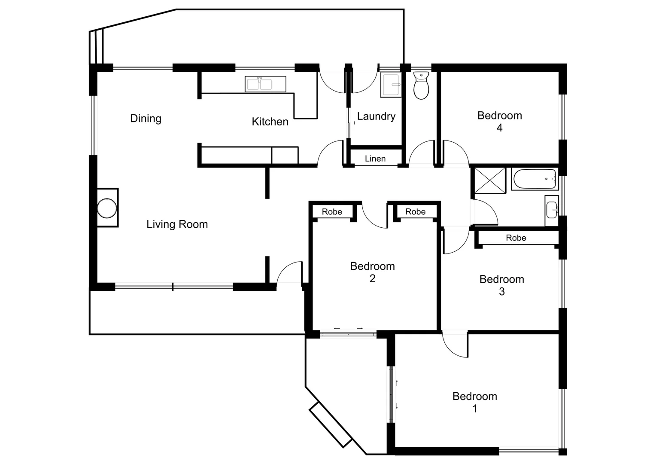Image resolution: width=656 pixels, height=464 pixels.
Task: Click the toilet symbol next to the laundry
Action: (x=421, y=86)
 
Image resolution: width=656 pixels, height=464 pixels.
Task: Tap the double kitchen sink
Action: (x=265, y=84)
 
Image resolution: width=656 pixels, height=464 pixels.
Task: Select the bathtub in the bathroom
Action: (x=535, y=179)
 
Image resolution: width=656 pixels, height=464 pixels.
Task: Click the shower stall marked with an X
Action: (x=490, y=180)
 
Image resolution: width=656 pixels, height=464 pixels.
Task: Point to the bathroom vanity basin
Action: (x=552, y=210)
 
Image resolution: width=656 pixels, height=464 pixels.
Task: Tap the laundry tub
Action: (x=391, y=85)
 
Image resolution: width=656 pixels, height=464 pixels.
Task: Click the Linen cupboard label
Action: (x=375, y=159)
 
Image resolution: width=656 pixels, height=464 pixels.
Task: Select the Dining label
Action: (x=146, y=119)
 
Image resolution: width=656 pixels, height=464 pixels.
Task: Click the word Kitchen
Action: (x=270, y=122)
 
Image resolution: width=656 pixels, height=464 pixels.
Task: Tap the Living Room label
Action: (x=177, y=224)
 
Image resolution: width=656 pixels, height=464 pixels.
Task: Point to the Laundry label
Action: (x=376, y=116)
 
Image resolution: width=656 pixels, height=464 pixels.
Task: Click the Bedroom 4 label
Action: (x=499, y=121)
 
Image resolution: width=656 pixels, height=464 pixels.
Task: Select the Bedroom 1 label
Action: (x=474, y=402)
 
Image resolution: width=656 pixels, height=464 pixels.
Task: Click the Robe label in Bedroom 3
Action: (x=516, y=238)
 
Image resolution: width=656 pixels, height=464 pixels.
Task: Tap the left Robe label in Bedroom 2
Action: (x=332, y=212)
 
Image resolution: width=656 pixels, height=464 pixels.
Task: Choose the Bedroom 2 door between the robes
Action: (x=375, y=215)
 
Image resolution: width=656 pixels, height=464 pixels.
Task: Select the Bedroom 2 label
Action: (x=372, y=272)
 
